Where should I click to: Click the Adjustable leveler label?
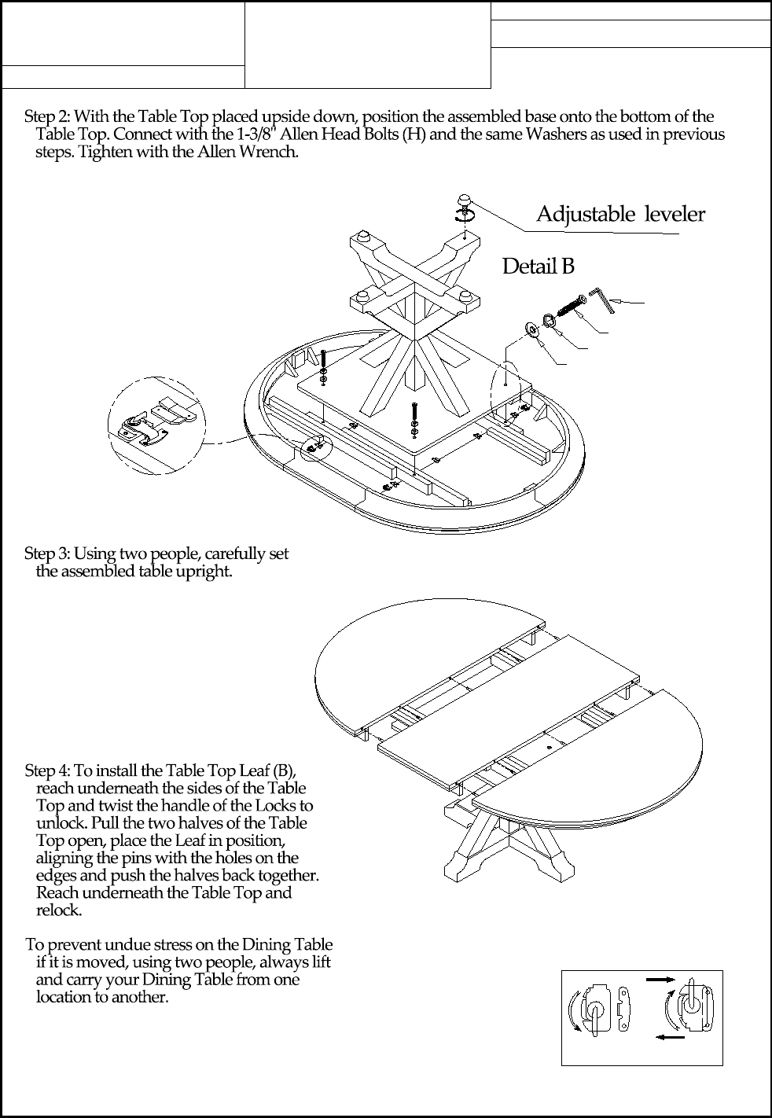pos(620,214)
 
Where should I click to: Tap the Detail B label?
pos(538,267)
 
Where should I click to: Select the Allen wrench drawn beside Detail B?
pos(604,298)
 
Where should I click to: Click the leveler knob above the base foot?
pos(466,199)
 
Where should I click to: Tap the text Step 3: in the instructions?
pos(47,553)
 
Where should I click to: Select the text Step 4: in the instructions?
pos(47,770)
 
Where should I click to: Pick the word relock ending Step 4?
pos(58,910)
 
